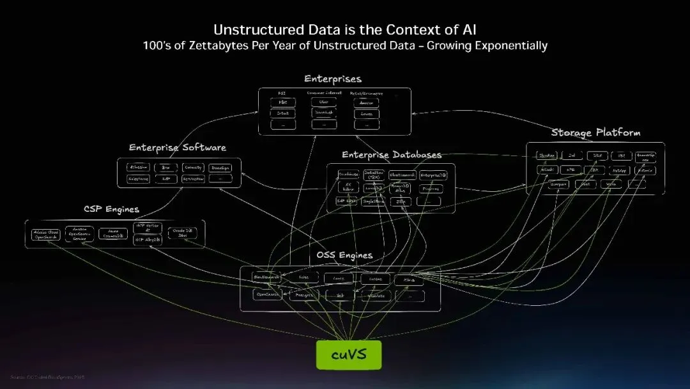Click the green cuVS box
(349, 354)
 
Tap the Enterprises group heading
(333, 79)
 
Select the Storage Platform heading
(595, 132)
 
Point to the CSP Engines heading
(111, 209)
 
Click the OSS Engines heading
(344, 255)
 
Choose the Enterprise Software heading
(178, 148)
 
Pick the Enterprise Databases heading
(391, 155)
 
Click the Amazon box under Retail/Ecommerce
(366, 102)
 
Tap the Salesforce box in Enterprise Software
(139, 179)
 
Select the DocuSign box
(220, 168)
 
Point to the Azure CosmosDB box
(114, 234)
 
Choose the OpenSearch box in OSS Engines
(267, 295)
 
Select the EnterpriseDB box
(434, 175)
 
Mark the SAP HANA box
(346, 201)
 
